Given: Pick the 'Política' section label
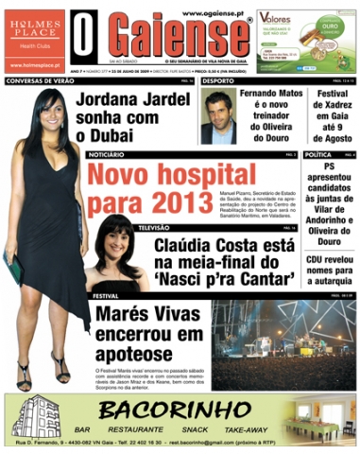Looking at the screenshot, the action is pos(319,153).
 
